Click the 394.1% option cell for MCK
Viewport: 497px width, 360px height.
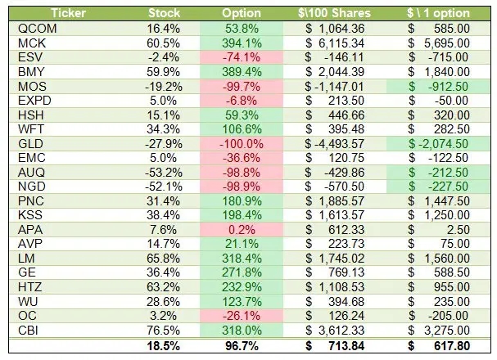pos(242,43)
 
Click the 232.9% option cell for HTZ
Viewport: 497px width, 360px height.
pos(242,289)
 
